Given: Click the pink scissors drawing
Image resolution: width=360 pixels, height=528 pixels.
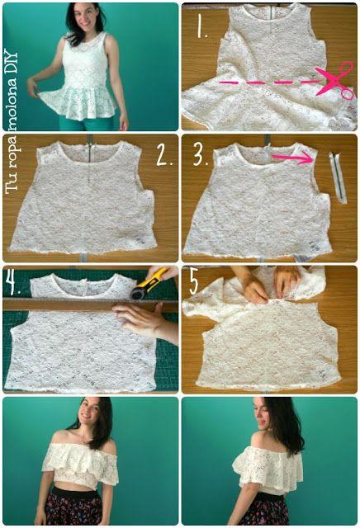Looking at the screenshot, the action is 335,79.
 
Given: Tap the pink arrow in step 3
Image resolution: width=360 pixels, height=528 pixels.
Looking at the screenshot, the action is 292,157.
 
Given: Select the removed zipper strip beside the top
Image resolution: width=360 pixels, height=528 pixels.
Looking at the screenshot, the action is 338,177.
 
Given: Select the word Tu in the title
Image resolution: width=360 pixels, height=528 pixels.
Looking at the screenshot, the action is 12,185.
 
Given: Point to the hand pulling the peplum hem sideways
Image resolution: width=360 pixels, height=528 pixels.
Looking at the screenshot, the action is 34,87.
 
